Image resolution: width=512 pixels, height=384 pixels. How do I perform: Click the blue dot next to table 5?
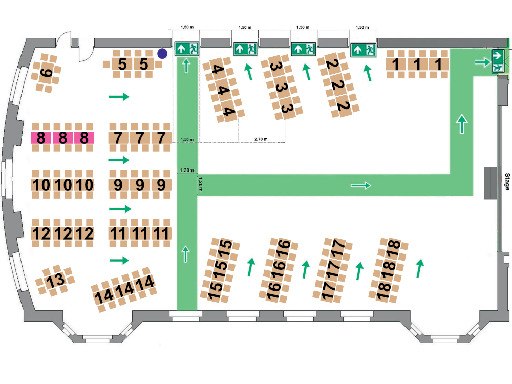click(162, 53)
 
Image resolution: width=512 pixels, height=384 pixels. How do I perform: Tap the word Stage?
click(507, 182)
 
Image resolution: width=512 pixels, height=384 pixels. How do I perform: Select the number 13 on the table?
click(55, 281)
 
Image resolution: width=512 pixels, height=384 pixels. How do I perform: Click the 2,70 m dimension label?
click(261, 139)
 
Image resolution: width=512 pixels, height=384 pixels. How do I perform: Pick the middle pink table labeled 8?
click(63, 138)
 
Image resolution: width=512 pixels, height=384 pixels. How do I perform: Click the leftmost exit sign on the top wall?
click(186, 49)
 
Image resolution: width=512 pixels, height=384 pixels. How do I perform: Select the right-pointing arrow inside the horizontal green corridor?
click(360, 185)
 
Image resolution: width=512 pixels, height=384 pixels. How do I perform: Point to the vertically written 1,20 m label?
click(201, 184)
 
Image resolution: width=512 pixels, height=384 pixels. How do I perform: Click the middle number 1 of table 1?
click(417, 65)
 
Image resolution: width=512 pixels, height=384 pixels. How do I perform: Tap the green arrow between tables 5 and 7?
click(119, 96)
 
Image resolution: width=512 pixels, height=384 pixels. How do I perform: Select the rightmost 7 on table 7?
click(161, 138)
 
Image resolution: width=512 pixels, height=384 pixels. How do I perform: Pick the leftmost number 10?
click(41, 185)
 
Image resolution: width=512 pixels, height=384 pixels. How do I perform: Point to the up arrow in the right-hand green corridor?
click(462, 124)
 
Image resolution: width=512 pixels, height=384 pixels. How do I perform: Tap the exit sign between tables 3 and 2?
click(304, 49)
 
